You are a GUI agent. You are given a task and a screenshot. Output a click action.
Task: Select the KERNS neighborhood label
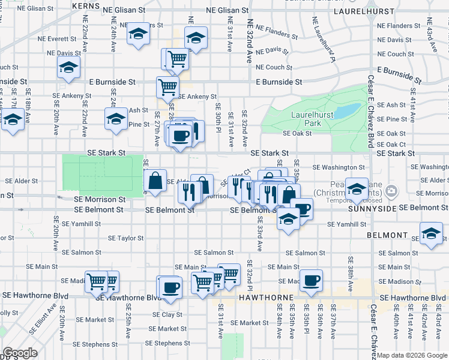pos(85,5)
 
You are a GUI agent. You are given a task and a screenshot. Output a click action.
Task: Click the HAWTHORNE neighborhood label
pos(265,298)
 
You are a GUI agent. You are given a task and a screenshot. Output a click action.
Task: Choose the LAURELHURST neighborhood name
pos(360,11)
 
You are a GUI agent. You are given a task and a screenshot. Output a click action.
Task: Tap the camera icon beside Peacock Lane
pos(392,191)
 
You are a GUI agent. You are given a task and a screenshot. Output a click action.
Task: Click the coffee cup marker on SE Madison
pos(311,280)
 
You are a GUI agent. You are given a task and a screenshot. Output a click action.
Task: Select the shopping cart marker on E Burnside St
pos(167,86)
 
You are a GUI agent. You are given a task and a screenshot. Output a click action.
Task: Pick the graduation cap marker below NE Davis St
pos(68,68)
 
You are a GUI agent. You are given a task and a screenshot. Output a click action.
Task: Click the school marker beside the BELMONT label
pos(431,233)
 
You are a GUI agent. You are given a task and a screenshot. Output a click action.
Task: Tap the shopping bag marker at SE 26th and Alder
pos(155,181)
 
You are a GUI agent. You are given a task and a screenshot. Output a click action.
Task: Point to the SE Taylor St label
pos(125,238)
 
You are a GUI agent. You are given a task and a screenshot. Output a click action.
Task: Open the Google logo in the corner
pos(20,353)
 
